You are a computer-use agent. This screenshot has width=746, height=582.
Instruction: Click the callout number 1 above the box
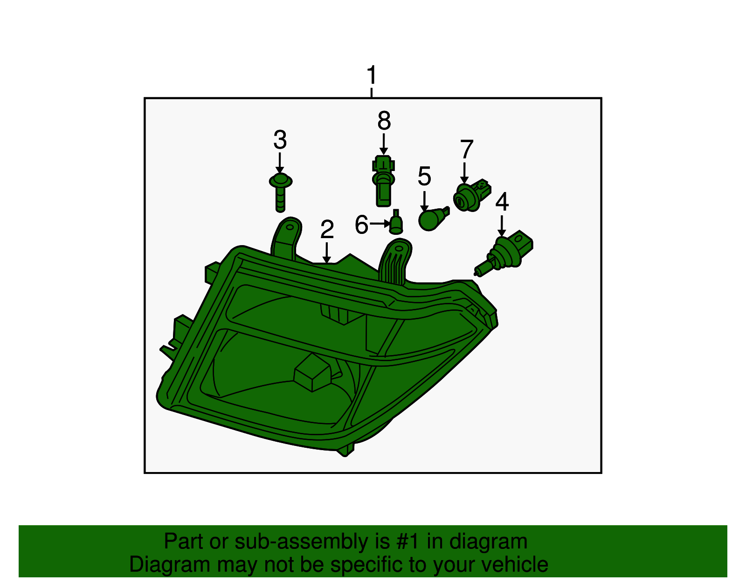pos(371,75)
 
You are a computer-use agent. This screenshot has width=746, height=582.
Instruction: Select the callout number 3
pos(280,140)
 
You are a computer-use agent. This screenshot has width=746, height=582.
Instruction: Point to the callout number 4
pos(502,202)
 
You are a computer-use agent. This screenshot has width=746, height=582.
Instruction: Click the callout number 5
pos(424,176)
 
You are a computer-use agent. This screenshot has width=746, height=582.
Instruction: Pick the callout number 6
pos(361,225)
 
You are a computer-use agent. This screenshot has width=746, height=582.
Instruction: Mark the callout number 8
pos(384,121)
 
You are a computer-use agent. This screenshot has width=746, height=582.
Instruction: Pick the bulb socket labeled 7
pos(469,196)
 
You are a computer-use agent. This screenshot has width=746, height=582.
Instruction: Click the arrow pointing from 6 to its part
pos(380,224)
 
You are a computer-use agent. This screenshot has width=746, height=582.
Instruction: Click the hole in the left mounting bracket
pos(290,228)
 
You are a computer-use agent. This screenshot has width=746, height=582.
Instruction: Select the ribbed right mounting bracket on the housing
pos(396,261)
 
